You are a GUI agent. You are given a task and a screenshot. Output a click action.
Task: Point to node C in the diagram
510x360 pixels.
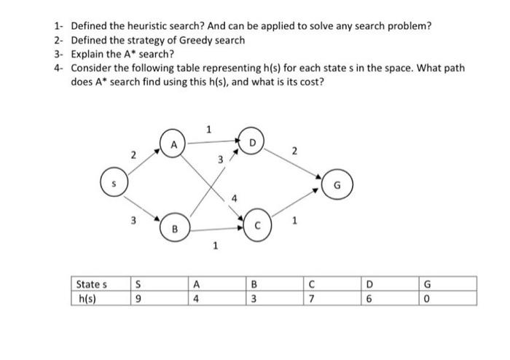259,225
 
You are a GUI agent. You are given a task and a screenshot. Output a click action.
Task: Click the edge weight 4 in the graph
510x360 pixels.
235,197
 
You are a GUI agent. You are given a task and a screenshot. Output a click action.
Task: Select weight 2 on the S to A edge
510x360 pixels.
133,154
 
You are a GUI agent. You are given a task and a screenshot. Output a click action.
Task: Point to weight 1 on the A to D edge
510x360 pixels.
208,130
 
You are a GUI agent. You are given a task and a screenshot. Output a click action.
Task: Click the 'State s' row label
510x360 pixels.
92,284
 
